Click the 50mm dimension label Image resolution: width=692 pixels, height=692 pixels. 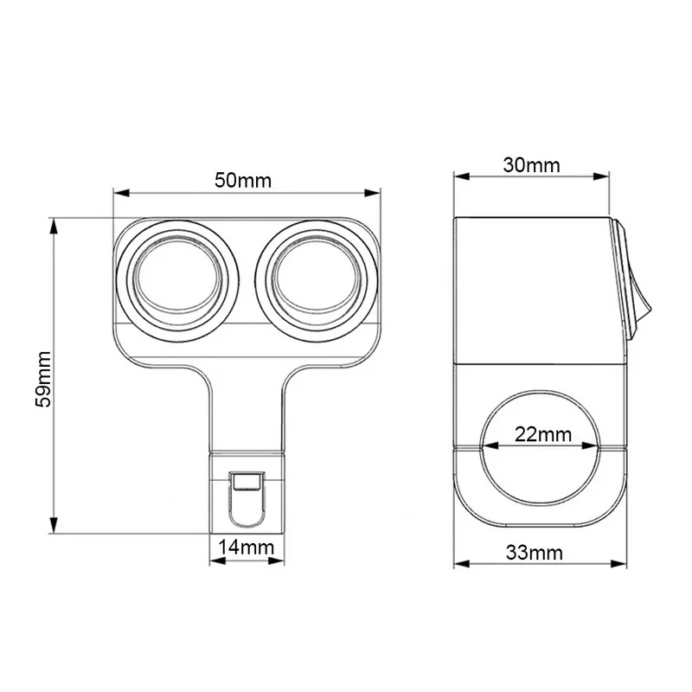(x=243, y=181)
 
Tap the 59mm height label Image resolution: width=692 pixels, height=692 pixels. (x=44, y=380)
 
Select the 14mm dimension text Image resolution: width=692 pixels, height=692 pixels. (x=247, y=548)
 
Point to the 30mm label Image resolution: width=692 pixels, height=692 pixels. (x=531, y=165)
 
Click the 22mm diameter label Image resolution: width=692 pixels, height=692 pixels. (x=543, y=435)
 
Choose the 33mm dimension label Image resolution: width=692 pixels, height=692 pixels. (x=535, y=553)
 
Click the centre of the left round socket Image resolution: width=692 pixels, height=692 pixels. (x=178, y=281)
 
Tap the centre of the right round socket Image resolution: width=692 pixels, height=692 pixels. (x=317, y=281)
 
